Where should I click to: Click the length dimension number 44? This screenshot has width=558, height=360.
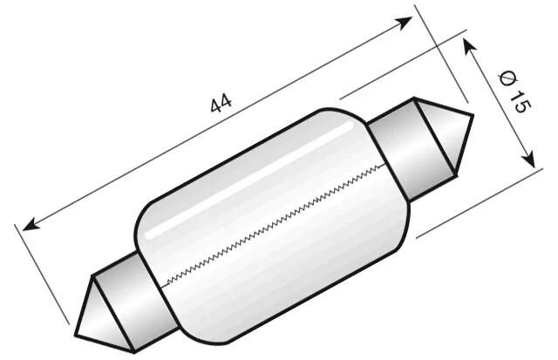pos(221,103)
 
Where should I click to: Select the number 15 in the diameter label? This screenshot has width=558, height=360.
pos(518,103)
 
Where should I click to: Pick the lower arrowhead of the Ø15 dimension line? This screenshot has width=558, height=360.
pos(527,159)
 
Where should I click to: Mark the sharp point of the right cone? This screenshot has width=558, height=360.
pos(472,115)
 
